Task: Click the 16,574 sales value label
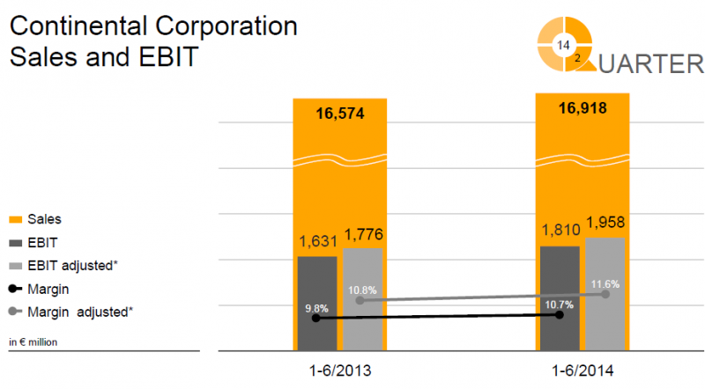pos(339,113)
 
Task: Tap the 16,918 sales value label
pos(582,108)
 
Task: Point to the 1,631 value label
pos(316,242)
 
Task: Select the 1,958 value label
pos(606,224)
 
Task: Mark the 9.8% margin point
pos(316,318)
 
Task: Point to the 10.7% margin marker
pos(560,313)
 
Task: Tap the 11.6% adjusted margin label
pos(605,284)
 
